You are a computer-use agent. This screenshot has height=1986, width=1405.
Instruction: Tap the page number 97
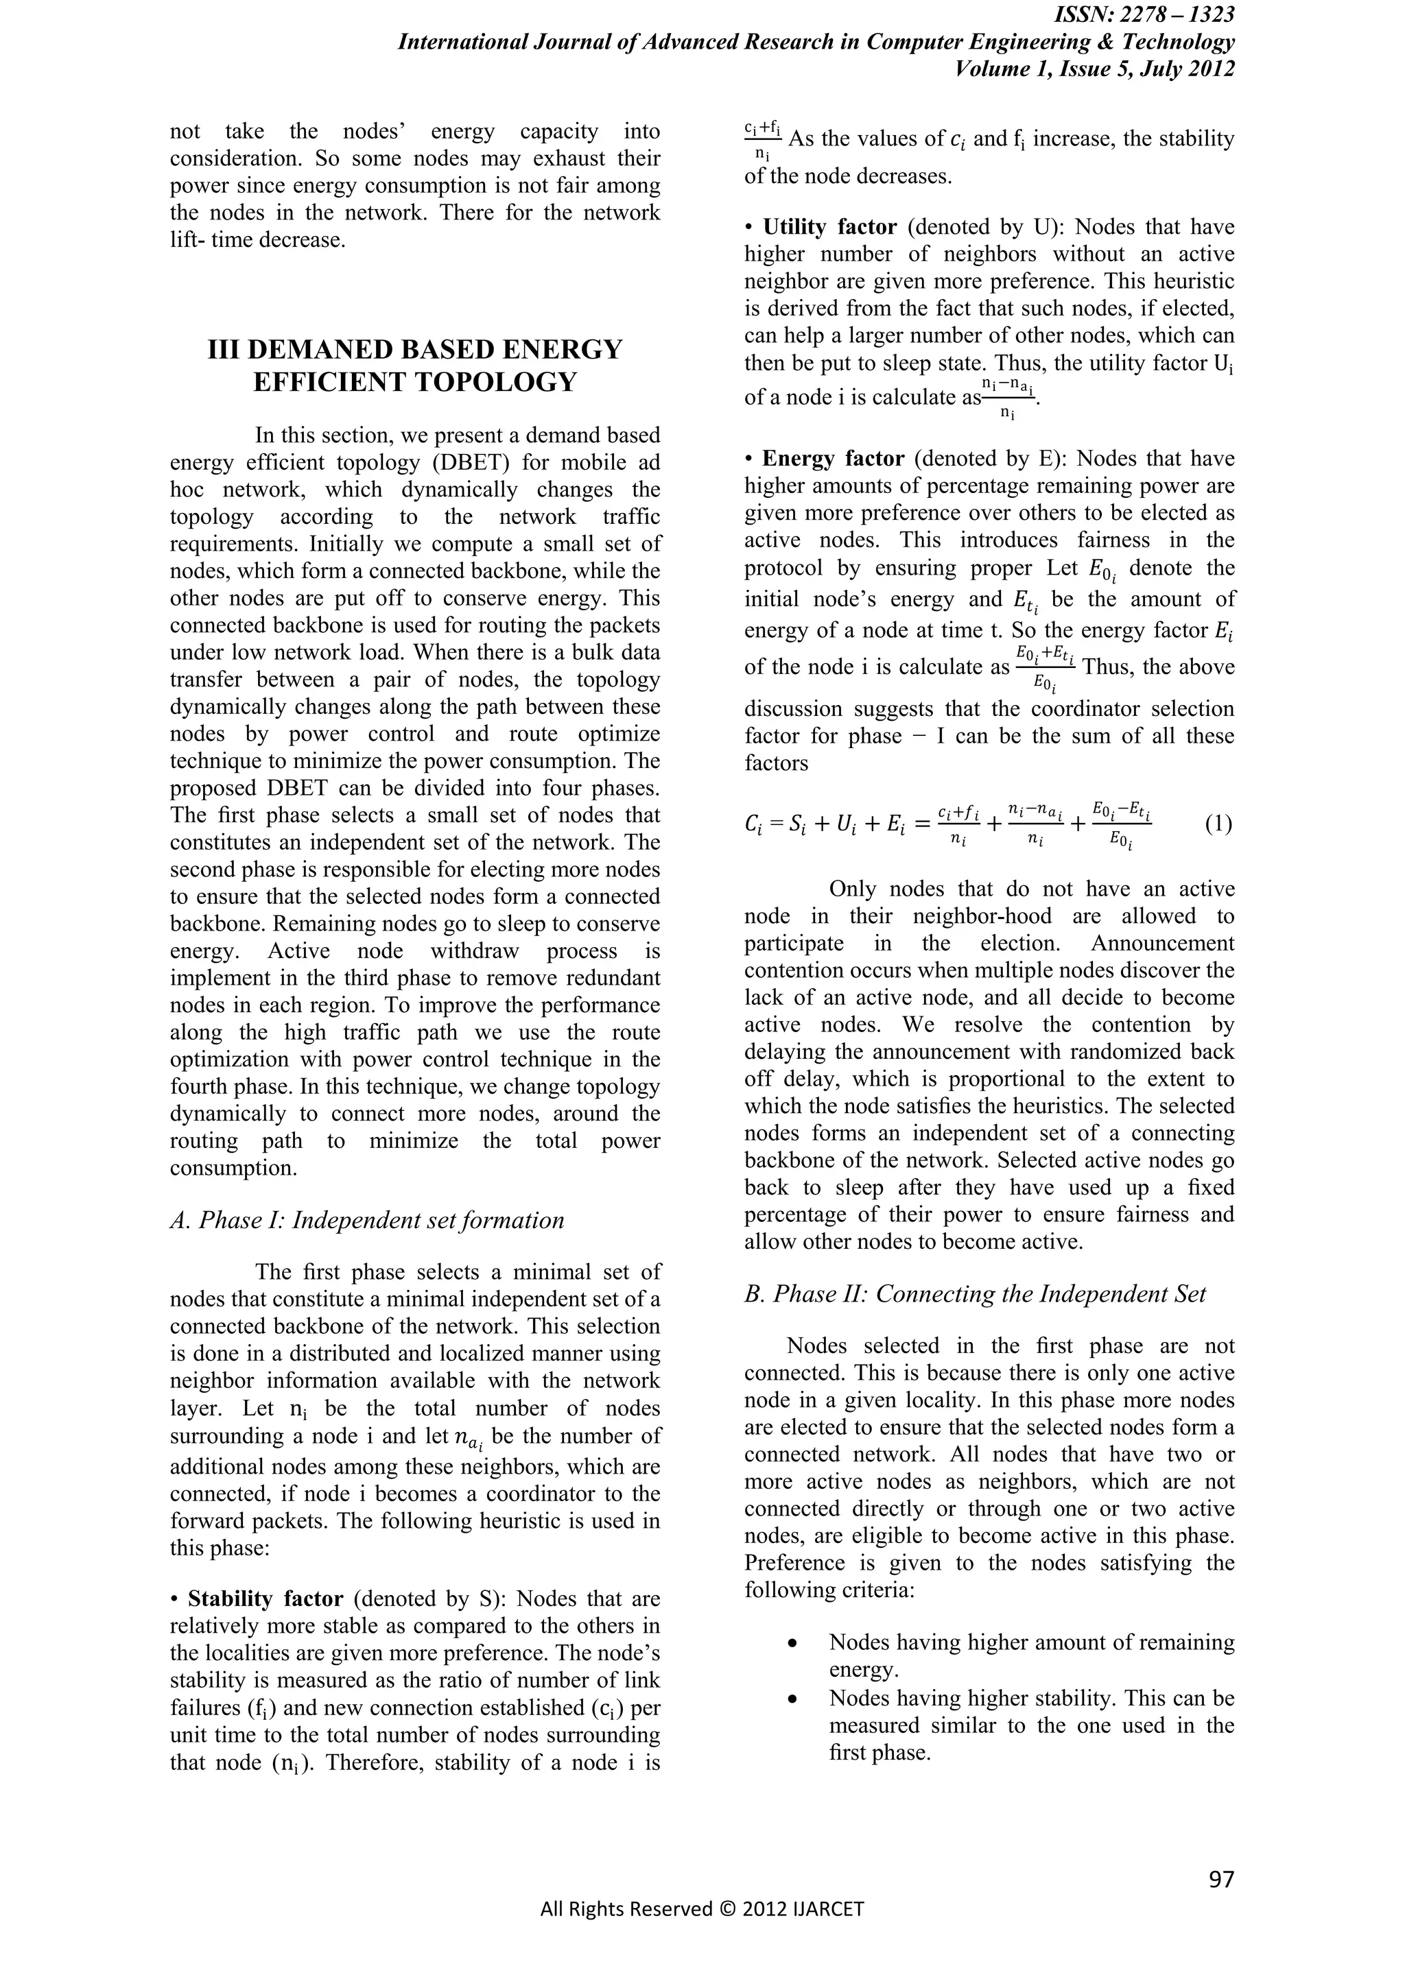pos(1220,1879)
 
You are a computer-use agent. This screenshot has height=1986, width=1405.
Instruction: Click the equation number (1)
pos(1218,824)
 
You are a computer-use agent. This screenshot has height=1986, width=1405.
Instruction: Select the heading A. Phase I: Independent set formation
pos(367,1221)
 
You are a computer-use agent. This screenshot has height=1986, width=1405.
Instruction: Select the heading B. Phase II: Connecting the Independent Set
pos(975,1294)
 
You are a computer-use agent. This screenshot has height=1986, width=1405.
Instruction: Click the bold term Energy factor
pos(833,459)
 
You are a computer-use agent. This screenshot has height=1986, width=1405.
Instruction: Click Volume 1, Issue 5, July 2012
pos(1094,69)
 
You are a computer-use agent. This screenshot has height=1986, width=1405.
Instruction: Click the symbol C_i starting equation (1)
pos(753,825)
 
